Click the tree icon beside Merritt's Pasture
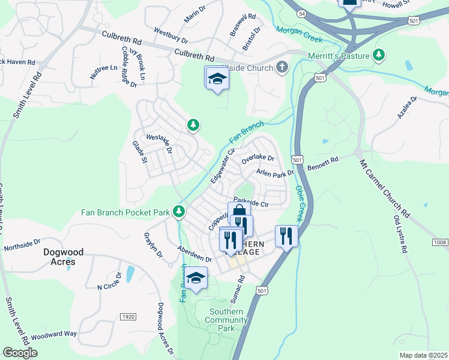click(379, 56)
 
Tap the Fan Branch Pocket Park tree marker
click(179, 211)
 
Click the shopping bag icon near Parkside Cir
click(238, 211)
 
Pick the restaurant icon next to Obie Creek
click(286, 235)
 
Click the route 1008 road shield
click(440, 242)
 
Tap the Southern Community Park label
click(226, 320)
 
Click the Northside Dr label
click(21, 246)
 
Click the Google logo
click(20, 353)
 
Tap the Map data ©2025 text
click(423, 355)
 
